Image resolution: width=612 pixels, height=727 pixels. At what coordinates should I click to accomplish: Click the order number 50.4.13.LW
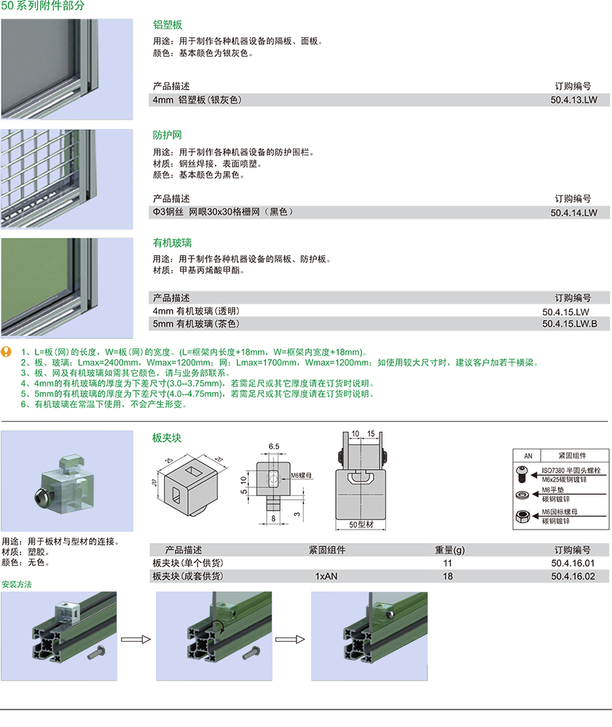click(574, 100)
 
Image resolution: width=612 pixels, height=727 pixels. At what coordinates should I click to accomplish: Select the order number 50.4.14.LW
click(574, 213)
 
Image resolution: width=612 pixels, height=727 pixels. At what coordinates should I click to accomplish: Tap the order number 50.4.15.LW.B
click(570, 323)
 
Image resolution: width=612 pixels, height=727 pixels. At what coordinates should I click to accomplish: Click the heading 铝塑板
click(168, 25)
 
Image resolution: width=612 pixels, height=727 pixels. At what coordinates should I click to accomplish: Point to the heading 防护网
click(168, 135)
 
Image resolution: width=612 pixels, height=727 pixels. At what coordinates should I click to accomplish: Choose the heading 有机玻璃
click(173, 243)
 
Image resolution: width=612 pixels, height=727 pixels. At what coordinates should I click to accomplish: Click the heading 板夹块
click(166, 438)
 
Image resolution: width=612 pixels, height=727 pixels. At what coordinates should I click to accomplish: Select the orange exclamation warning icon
click(7, 352)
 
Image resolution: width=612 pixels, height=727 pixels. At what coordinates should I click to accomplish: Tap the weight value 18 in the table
click(447, 576)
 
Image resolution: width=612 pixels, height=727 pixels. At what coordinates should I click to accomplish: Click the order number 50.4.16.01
click(573, 563)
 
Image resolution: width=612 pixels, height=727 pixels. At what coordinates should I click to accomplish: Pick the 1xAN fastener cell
click(326, 576)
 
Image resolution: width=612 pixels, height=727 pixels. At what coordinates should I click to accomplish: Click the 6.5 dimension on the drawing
click(274, 447)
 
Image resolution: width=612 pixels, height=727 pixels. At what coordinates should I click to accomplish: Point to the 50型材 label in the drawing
click(361, 524)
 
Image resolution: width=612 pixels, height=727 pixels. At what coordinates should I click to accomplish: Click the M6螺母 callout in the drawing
click(302, 475)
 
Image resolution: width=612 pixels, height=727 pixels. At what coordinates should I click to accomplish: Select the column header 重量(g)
click(450, 550)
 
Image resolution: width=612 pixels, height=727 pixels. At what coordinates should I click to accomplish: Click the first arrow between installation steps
click(136, 640)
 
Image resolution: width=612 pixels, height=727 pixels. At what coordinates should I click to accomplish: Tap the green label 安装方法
click(17, 584)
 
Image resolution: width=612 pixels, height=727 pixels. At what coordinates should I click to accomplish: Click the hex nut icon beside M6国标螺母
click(522, 515)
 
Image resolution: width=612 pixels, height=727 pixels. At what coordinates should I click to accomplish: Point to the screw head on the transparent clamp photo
click(41, 496)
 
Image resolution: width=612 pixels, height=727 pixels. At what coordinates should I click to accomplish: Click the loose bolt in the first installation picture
click(97, 652)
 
